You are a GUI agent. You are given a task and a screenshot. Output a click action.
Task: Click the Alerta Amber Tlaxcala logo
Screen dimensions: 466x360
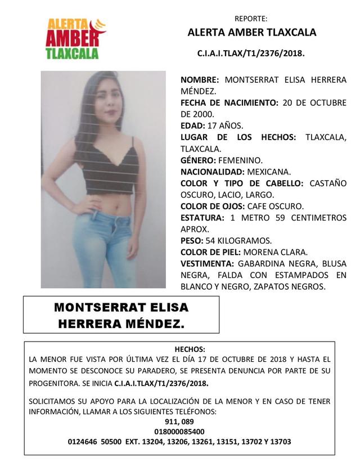pos(74,39)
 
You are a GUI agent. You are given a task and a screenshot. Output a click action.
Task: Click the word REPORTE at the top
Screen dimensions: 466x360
pos(251,18)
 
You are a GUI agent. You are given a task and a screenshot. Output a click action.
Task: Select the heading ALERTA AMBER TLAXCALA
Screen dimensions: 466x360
pos(251,33)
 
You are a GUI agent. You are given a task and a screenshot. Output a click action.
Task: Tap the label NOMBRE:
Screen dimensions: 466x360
pos(200,79)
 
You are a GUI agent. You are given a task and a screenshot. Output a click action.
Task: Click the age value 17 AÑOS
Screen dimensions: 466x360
pos(230,126)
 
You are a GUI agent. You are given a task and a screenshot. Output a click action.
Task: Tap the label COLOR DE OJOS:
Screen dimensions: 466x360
pos(211,206)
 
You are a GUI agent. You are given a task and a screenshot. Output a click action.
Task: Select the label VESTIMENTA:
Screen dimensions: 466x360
pos(206,263)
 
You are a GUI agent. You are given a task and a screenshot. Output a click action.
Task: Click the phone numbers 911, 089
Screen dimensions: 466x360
pos(179,422)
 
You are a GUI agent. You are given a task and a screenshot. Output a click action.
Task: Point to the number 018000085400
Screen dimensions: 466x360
pos(179,432)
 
